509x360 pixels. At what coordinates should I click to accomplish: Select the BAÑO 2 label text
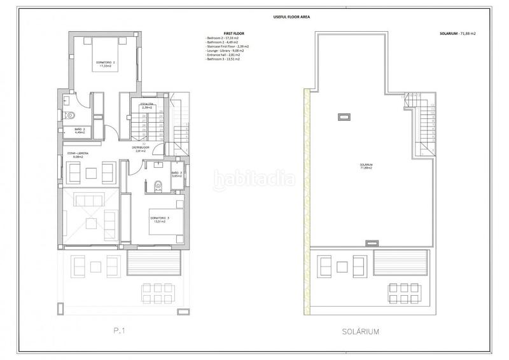click(80, 131)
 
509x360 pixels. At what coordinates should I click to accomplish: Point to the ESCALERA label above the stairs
click(147, 105)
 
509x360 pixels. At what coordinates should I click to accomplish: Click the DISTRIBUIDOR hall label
click(141, 149)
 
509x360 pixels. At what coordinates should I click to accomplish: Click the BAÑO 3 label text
click(177, 174)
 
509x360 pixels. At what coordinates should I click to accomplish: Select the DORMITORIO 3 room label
click(160, 220)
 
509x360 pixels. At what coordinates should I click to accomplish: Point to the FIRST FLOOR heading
click(218, 33)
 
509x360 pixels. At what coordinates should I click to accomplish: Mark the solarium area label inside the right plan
click(365, 167)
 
